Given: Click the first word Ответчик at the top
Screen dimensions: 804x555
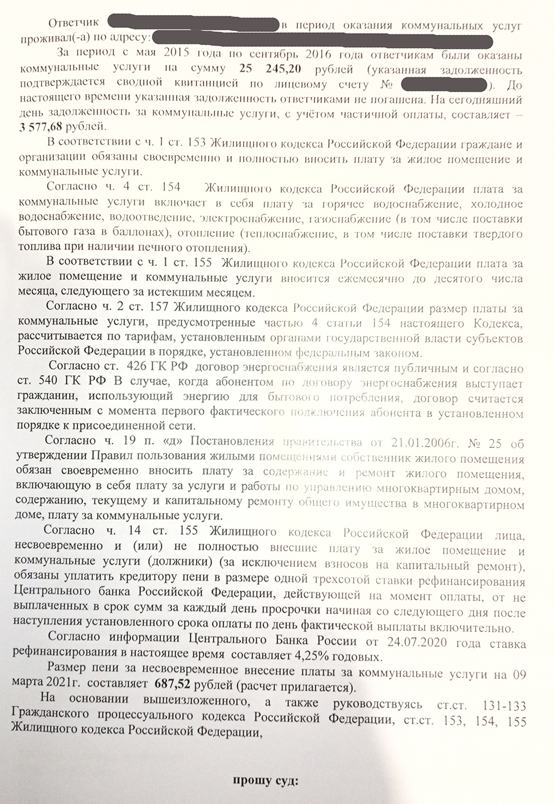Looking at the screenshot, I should (74, 23).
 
